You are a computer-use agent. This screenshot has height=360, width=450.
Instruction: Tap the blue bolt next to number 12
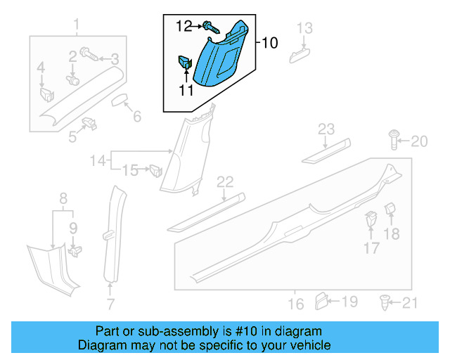[210, 28]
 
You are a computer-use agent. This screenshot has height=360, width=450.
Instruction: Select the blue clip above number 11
[186, 63]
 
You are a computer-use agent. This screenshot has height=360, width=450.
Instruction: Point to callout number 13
[304, 28]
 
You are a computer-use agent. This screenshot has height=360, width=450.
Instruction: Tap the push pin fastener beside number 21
[385, 303]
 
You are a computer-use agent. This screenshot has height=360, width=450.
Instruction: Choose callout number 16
[296, 304]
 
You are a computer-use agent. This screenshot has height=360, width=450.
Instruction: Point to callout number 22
[224, 182]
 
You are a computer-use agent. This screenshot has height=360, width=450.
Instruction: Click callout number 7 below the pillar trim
[110, 304]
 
